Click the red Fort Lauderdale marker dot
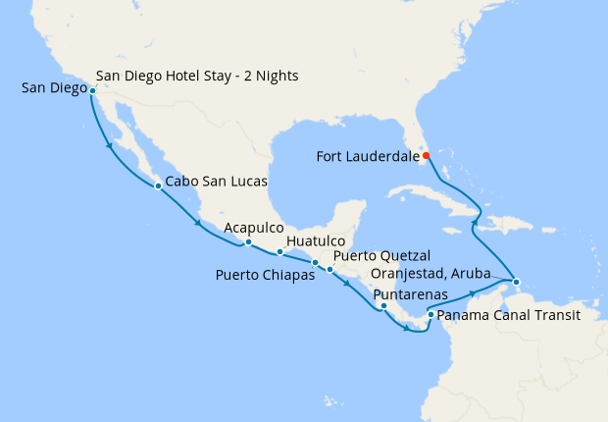[427, 155]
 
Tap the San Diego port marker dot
[92, 90]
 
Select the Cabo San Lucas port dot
[158, 185]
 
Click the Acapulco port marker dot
[248, 242]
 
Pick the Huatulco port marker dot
[279, 252]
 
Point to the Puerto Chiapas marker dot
[315, 263]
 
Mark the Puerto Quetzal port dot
[330, 269]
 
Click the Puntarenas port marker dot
[383, 306]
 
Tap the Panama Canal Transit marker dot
[431, 315]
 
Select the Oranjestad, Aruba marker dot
[516, 283]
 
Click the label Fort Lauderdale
[367, 155]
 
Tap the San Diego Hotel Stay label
[197, 75]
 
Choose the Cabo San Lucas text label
[216, 182]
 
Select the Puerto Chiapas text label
[265, 275]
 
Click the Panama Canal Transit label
[508, 316]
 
